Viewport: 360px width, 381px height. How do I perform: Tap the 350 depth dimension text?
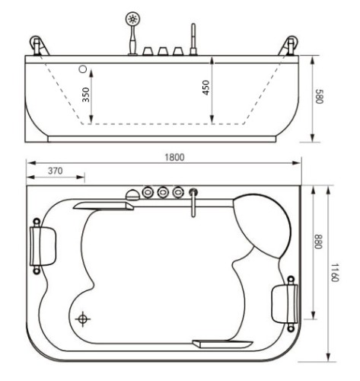tap(86, 94)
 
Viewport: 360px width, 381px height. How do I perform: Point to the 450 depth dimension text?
tap(205, 88)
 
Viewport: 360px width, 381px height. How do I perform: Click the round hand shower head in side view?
tap(134, 18)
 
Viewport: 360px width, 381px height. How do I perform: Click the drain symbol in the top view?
tap(83, 319)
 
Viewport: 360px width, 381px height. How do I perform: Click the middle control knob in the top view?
tap(163, 191)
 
